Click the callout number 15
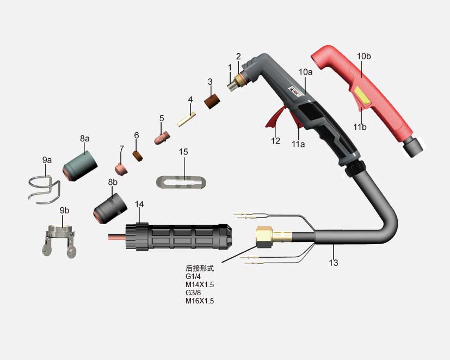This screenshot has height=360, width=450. click(x=184, y=152)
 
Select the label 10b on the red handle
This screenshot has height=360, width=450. click(x=365, y=55)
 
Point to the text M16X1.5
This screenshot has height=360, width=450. click(x=200, y=301)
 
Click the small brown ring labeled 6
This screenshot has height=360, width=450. click(x=138, y=156)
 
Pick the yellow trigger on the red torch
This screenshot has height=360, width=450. click(x=361, y=98)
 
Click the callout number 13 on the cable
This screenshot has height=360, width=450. click(x=334, y=263)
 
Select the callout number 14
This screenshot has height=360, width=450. click(x=139, y=204)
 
